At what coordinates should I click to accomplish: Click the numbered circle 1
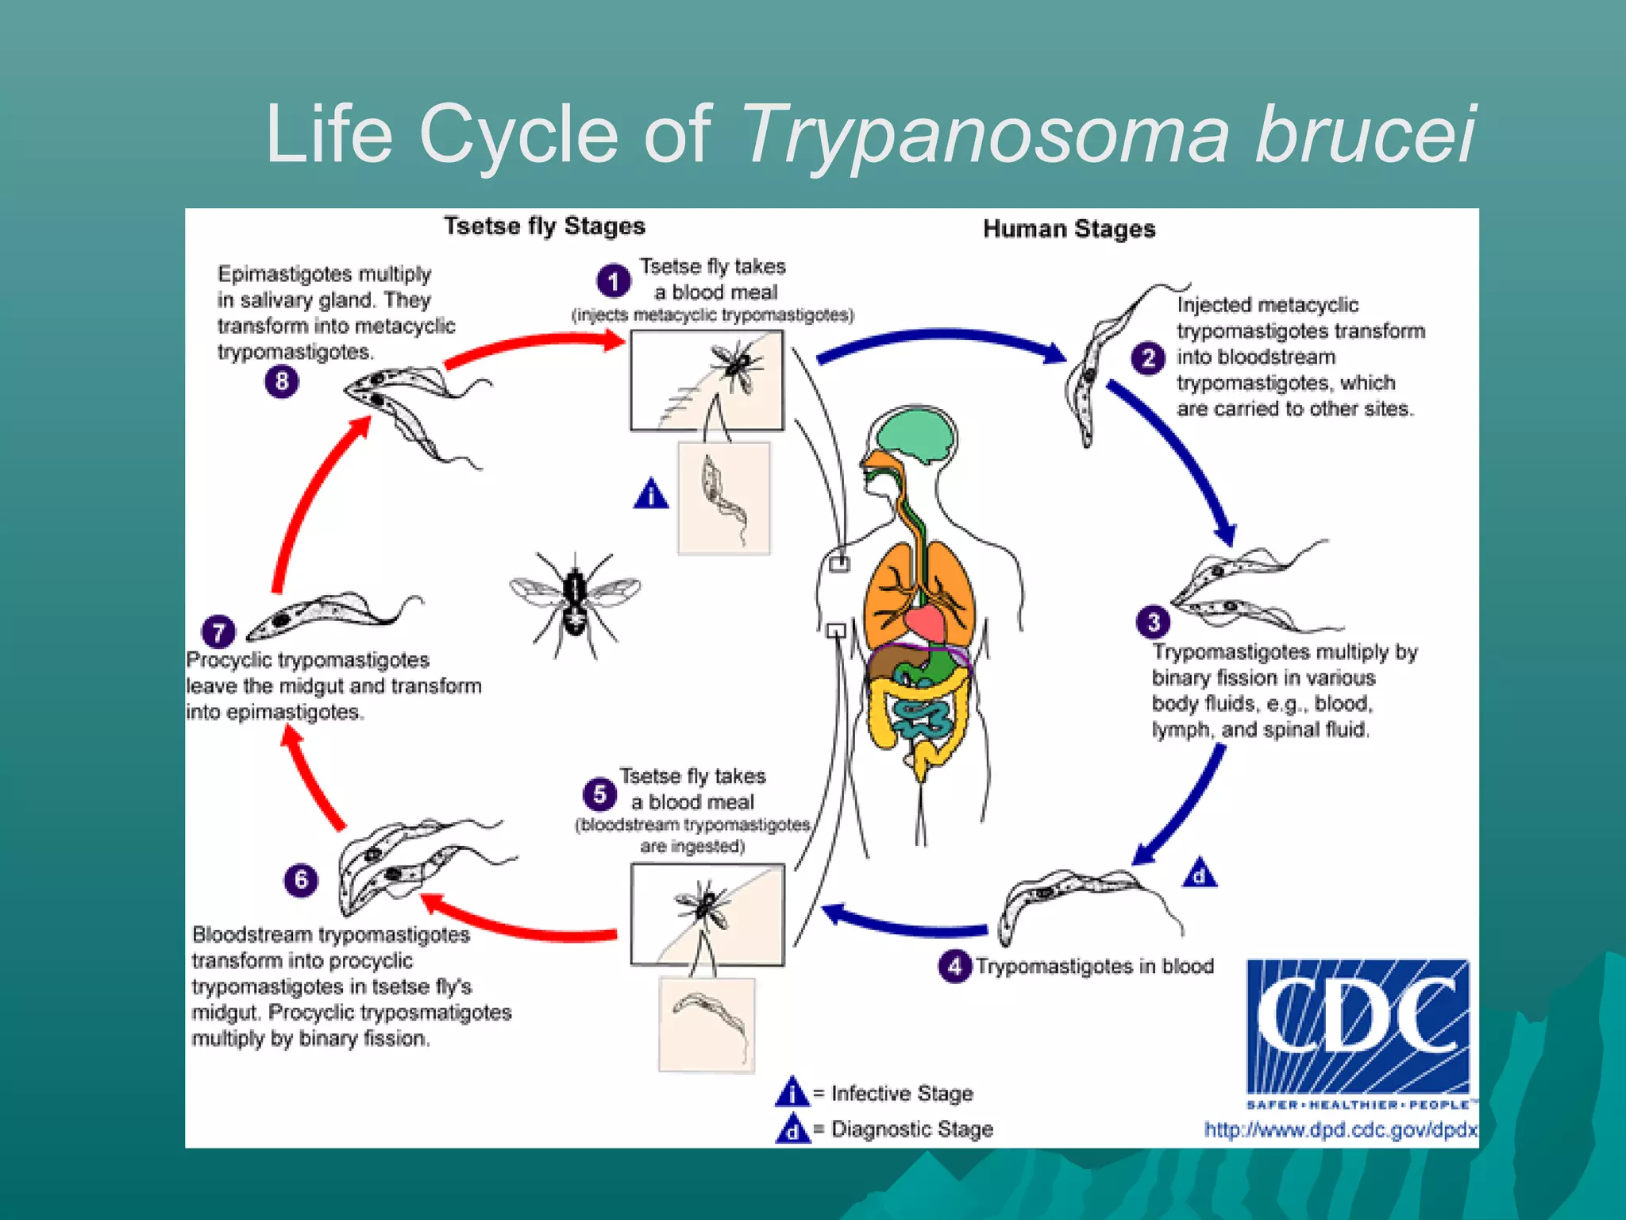(613, 281)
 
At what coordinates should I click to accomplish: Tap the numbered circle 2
(1147, 358)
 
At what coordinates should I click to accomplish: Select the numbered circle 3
(1153, 622)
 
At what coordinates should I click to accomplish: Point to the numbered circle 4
(955, 967)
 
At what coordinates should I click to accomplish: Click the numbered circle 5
(599, 794)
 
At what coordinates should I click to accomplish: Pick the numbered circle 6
(301, 880)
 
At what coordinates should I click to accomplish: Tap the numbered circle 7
(218, 632)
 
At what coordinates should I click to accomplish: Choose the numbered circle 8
(282, 382)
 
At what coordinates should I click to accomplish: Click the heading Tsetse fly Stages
(545, 226)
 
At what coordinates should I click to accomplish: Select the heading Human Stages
(1069, 230)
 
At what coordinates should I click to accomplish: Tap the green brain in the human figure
(915, 434)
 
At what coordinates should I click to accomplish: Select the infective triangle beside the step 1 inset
(651, 495)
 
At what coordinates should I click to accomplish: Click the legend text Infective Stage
(902, 1094)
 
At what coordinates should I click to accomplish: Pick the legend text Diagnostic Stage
(911, 1129)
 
